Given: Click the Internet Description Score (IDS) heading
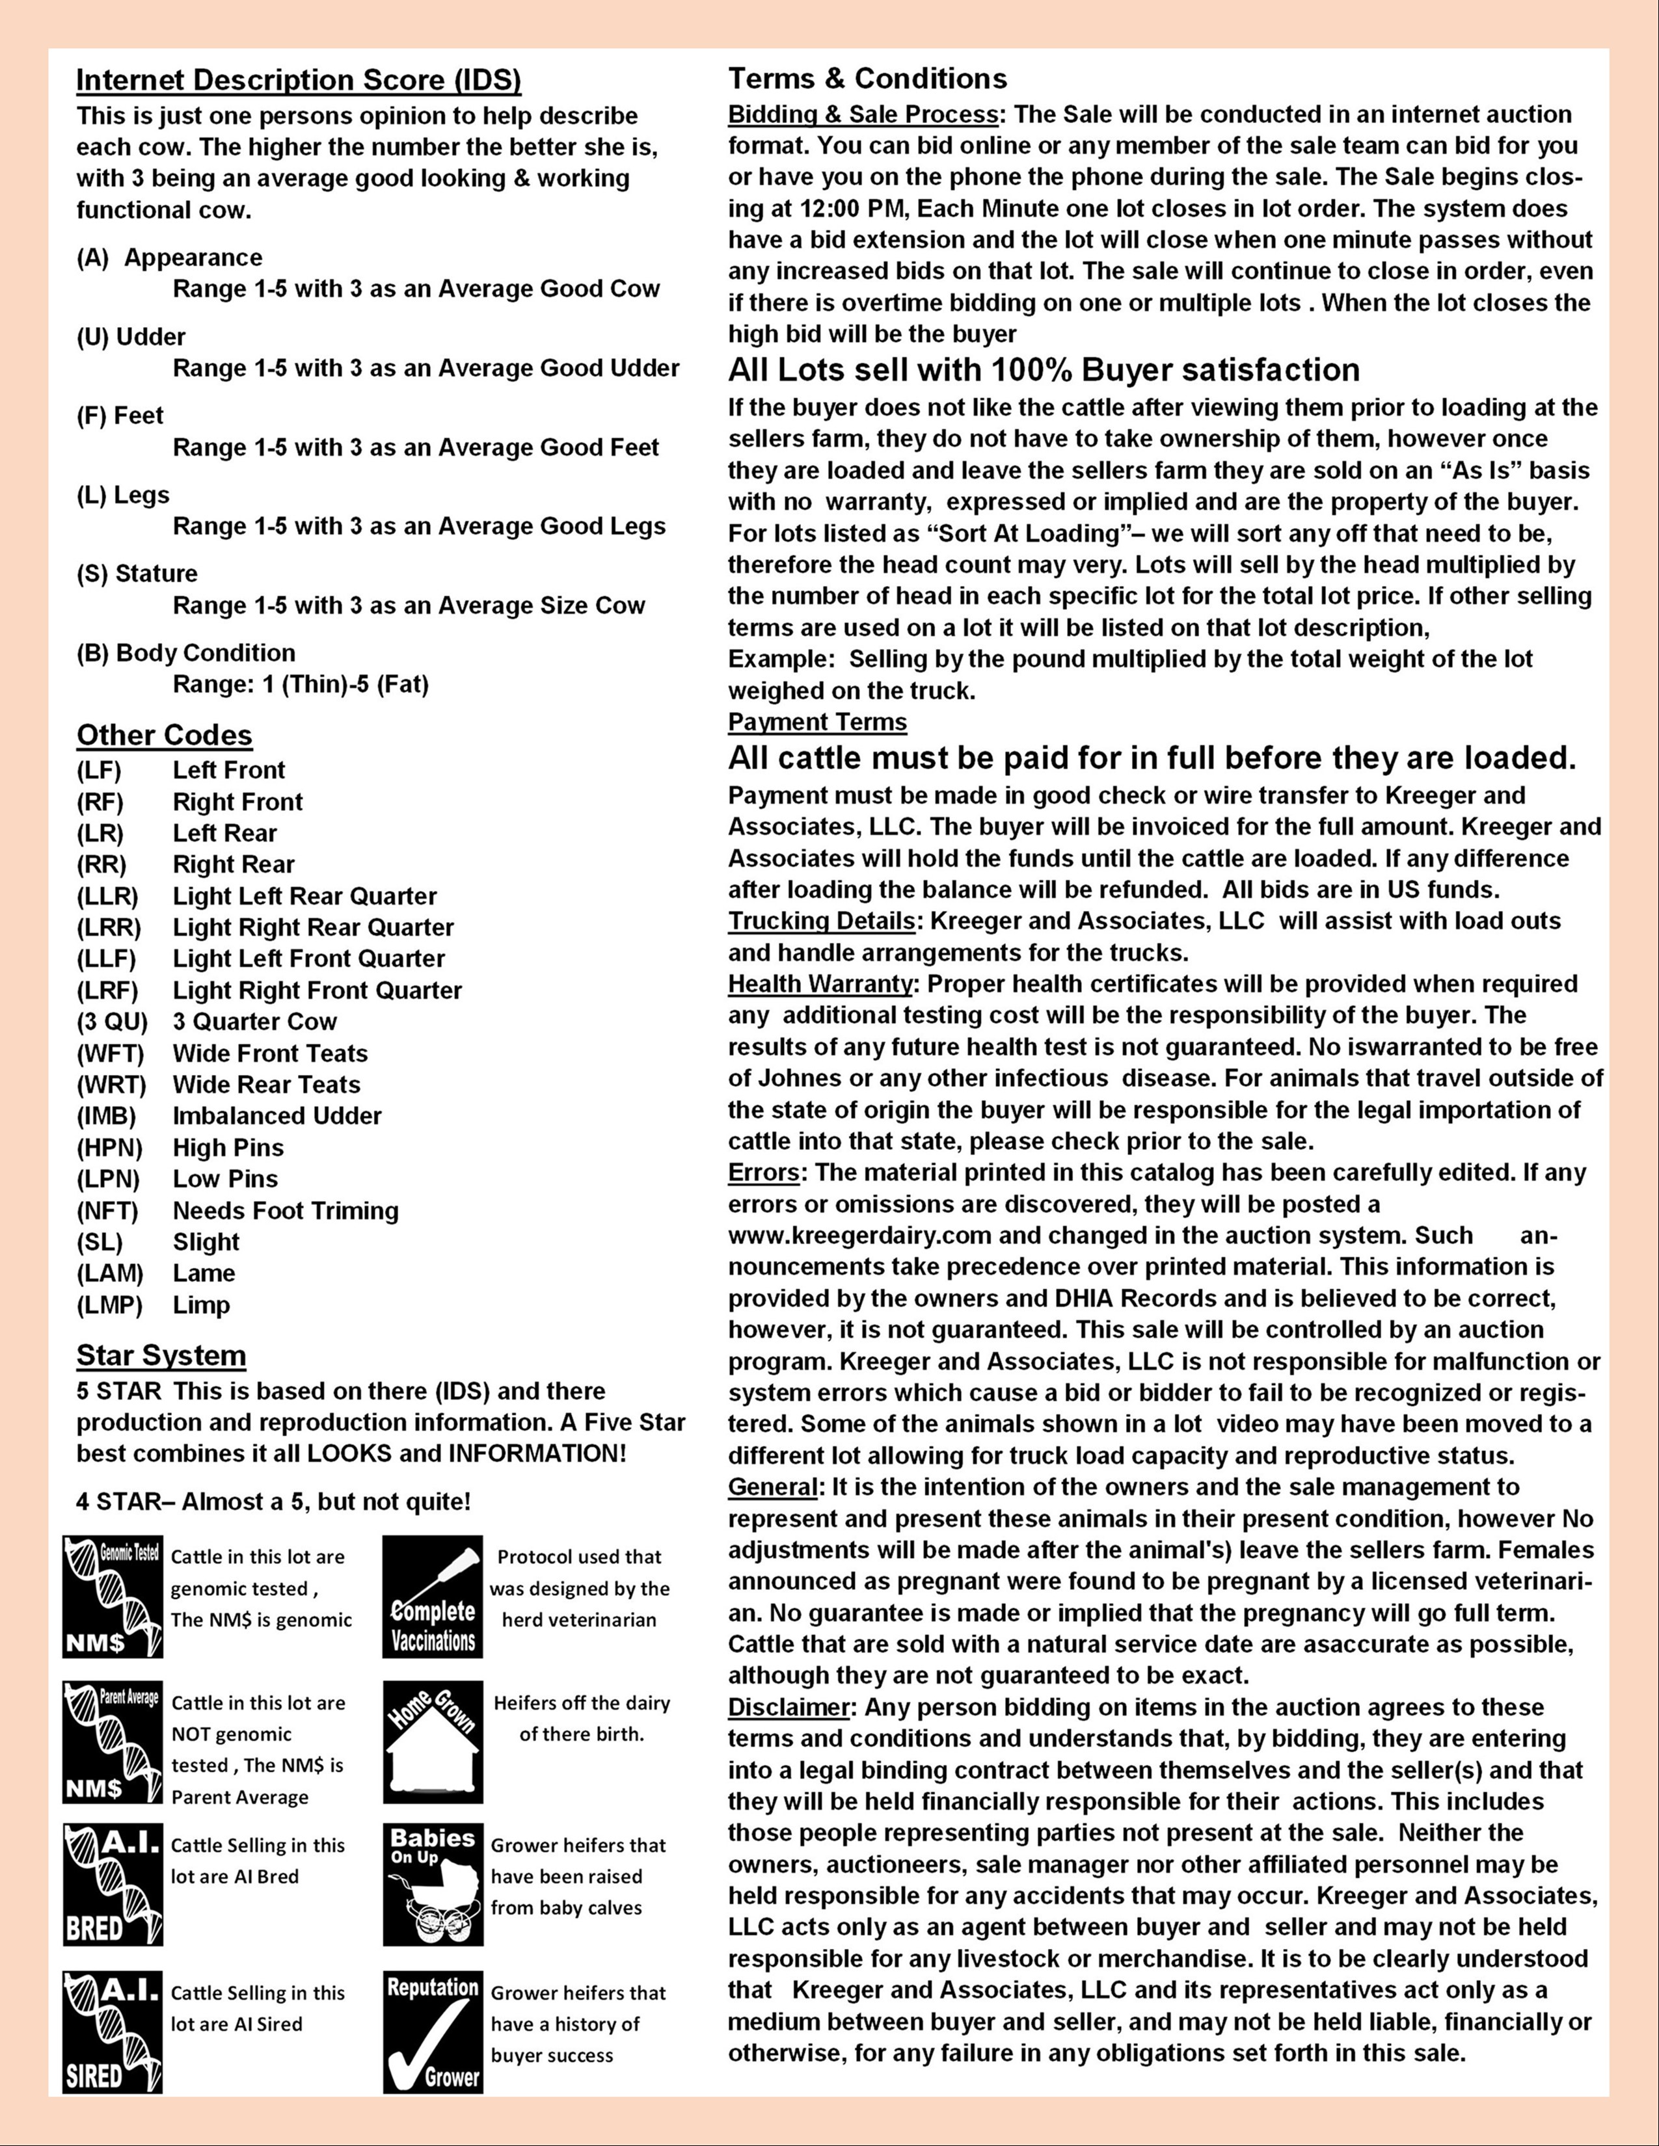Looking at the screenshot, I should click(x=299, y=79).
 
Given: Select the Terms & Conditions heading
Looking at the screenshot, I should click(x=867, y=79).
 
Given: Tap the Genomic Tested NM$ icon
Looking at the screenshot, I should click(x=112, y=1596).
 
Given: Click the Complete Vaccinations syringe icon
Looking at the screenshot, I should click(x=433, y=1596).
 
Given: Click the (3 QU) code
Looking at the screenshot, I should click(x=112, y=1022).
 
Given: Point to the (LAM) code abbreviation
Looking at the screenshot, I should click(x=110, y=1273).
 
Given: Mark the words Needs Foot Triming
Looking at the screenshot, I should click(x=285, y=1211).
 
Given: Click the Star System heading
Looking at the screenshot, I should click(x=161, y=1356).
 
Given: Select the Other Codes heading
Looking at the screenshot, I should click(x=164, y=736).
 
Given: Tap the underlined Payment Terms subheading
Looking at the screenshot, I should click(x=816, y=722).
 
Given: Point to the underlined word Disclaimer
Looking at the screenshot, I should click(x=789, y=1707).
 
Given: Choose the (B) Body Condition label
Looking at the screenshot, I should click(x=186, y=654).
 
